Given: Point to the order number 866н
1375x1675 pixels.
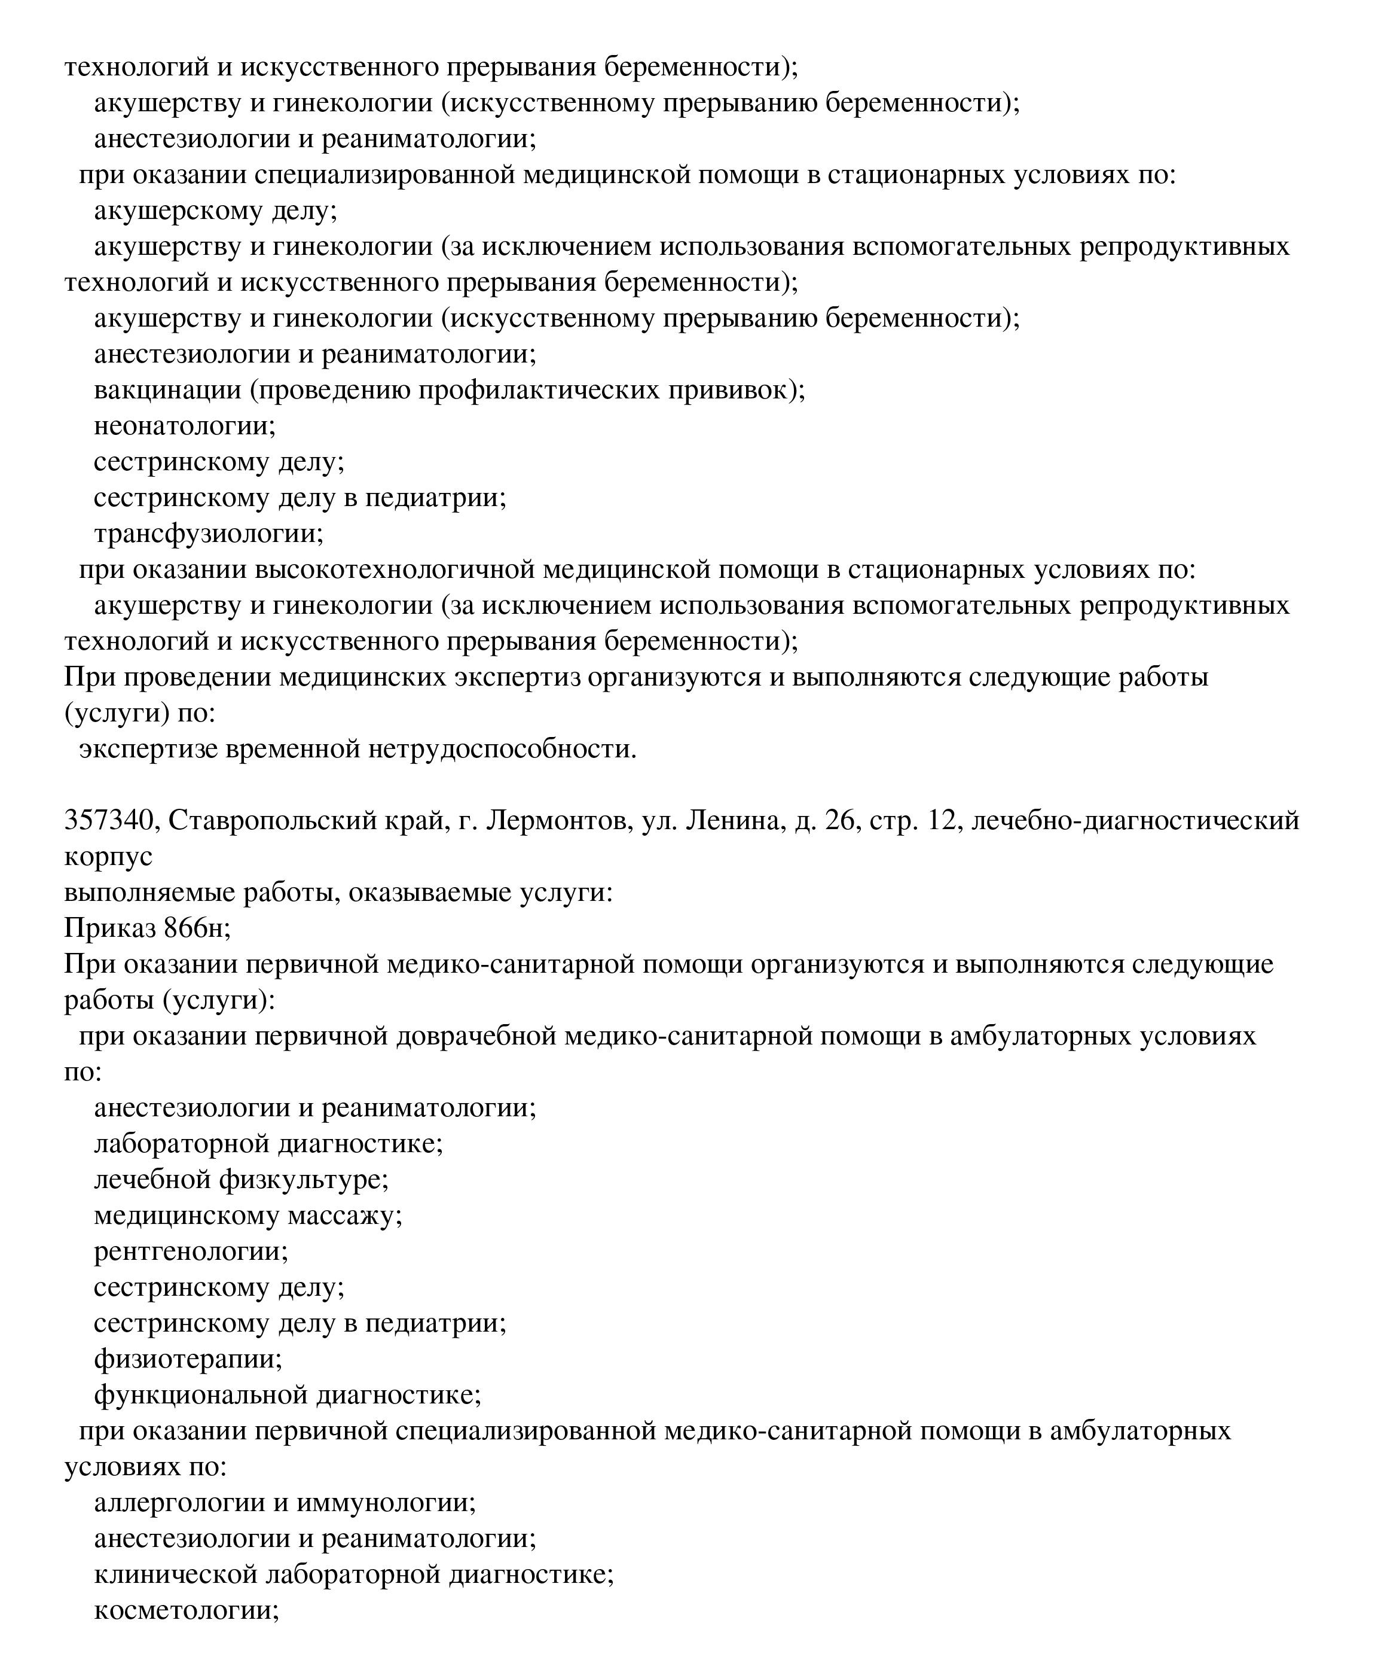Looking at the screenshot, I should pos(197,928).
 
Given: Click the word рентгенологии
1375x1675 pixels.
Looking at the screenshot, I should pos(191,1252).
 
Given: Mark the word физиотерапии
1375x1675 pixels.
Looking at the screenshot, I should pos(188,1360).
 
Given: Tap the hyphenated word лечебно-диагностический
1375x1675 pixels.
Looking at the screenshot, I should pos(1135,820).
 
